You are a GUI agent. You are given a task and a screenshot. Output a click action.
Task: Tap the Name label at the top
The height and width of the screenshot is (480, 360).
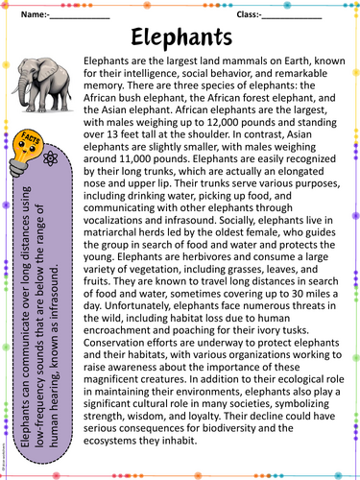pyautogui.click(x=36, y=14)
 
